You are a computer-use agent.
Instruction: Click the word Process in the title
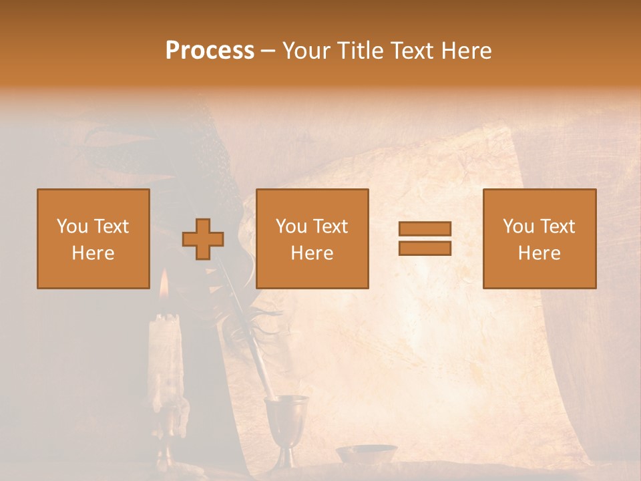click(210, 51)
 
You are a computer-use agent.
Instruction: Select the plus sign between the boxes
click(203, 239)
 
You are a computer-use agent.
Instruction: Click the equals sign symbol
click(425, 238)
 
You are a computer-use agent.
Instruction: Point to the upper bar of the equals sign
click(425, 229)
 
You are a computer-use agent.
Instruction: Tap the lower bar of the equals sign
click(425, 248)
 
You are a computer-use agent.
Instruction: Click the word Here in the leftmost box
click(93, 253)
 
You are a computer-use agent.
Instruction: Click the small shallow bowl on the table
click(366, 454)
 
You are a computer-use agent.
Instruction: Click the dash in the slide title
click(268, 51)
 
